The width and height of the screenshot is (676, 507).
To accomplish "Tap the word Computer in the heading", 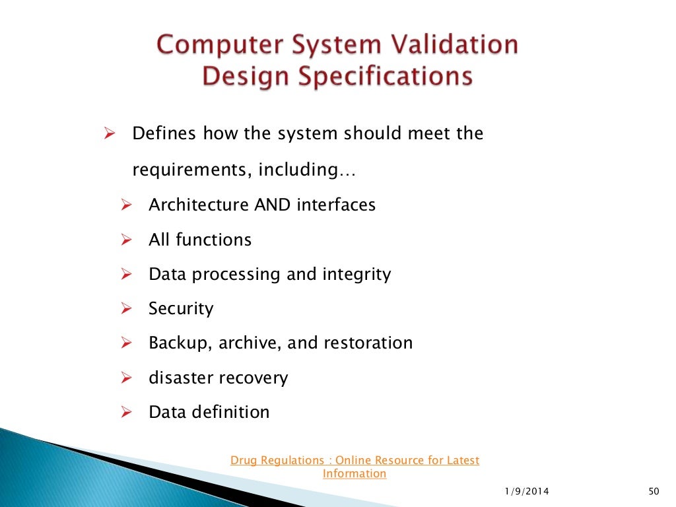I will click(x=210, y=46).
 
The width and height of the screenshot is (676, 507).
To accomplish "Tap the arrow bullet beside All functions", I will click(x=127, y=240).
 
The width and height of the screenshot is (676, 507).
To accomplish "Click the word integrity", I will click(x=357, y=274).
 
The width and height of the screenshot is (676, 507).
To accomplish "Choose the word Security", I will click(x=181, y=308).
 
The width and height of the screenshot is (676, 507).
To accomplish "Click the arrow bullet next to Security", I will click(x=127, y=308).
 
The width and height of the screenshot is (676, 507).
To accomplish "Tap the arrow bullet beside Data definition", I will click(x=127, y=413).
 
